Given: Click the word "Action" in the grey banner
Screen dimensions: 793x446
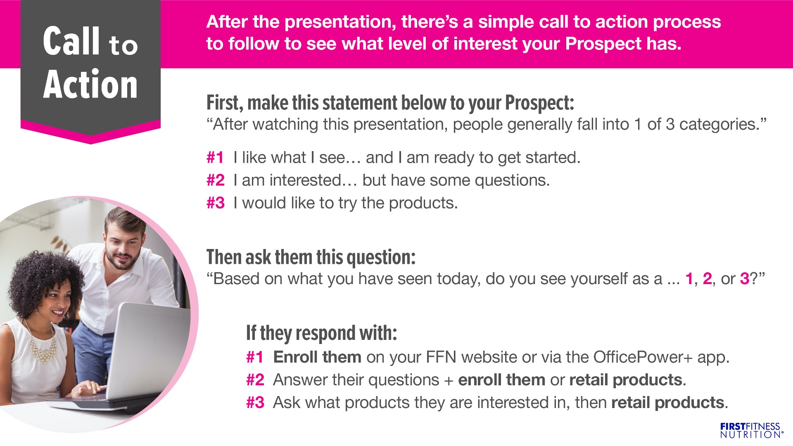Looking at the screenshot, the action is pyautogui.click(x=90, y=84).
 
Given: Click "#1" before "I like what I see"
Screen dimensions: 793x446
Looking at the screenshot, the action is pyautogui.click(x=215, y=158).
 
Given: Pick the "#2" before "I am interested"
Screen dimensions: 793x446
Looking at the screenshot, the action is pyautogui.click(x=215, y=180).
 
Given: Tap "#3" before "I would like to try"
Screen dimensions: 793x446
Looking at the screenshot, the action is pyautogui.click(x=215, y=203).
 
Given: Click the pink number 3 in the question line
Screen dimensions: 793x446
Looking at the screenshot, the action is pyautogui.click(x=745, y=279).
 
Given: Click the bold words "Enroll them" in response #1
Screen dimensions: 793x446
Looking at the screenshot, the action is pyautogui.click(x=317, y=357).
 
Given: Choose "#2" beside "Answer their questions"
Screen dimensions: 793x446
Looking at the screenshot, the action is pyautogui.click(x=255, y=380).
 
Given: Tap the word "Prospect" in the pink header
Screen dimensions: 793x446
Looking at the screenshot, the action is pyautogui.click(x=603, y=44).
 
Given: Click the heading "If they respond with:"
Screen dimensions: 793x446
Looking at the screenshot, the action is pyautogui.click(x=321, y=333).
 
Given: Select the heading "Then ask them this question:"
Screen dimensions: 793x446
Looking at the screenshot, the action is pyautogui.click(x=311, y=257).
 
